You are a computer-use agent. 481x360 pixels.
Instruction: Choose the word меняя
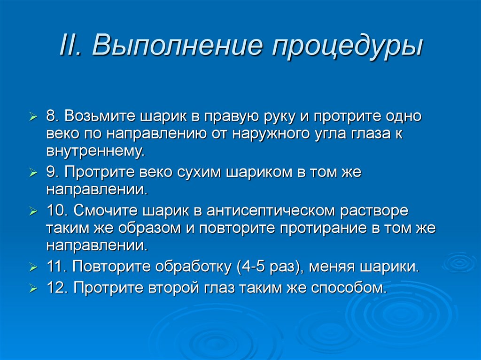pos(332,267)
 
